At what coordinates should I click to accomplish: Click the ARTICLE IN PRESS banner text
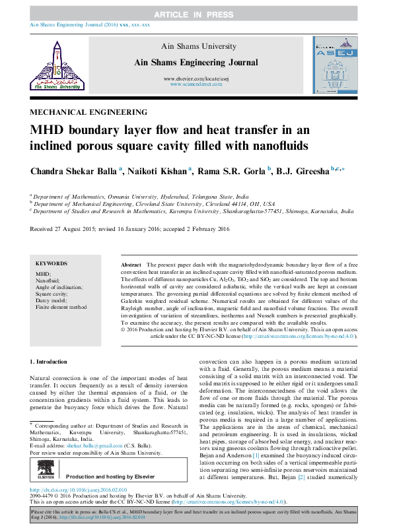point(196,14)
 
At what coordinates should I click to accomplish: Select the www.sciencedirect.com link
point(196,85)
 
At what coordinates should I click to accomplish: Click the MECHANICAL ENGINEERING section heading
point(88,112)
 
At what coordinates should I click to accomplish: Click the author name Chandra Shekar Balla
point(73,171)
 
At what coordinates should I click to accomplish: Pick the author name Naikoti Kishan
point(157,171)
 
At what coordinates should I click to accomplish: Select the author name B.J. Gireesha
point(304,171)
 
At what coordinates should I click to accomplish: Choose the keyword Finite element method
point(61,308)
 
